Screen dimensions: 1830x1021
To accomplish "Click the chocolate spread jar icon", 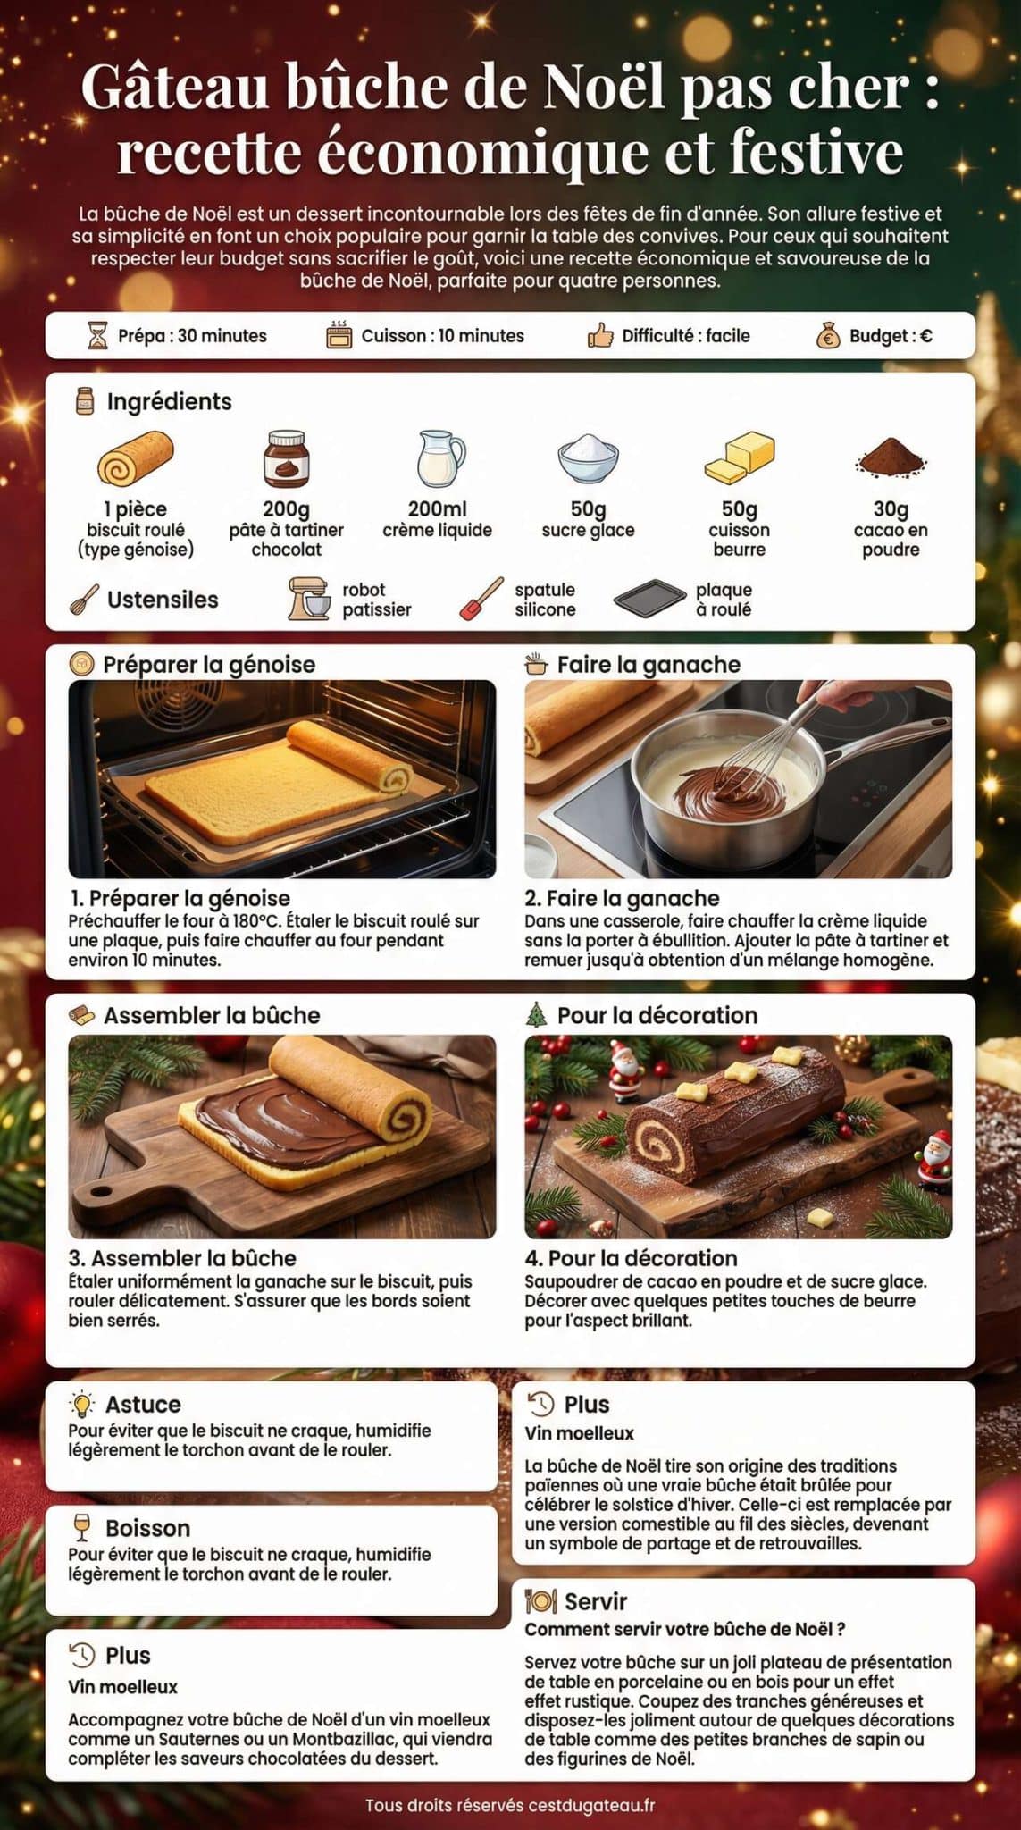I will click(x=286, y=459).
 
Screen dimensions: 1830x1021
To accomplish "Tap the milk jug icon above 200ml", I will click(x=440, y=458).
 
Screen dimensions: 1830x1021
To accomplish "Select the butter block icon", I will click(x=740, y=458).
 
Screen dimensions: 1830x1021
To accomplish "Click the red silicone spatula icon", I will click(x=481, y=599).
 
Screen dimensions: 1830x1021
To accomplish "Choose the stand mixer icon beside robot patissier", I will click(x=309, y=599).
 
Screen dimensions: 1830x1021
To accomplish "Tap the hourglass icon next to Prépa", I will click(x=96, y=336).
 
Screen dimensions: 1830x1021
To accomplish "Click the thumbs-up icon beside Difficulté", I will click(x=599, y=336).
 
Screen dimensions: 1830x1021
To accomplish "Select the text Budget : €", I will click(x=891, y=336).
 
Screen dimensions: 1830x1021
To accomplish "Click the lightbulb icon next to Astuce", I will click(x=82, y=1404).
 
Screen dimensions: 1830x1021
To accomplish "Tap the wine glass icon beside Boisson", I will click(x=82, y=1527).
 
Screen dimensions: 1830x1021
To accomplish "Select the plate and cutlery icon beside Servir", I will click(x=540, y=1601).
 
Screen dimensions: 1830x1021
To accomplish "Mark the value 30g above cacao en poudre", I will click(x=891, y=508).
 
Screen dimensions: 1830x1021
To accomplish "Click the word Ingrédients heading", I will click(x=169, y=401).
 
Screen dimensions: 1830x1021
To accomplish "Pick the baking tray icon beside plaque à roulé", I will click(x=649, y=599).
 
